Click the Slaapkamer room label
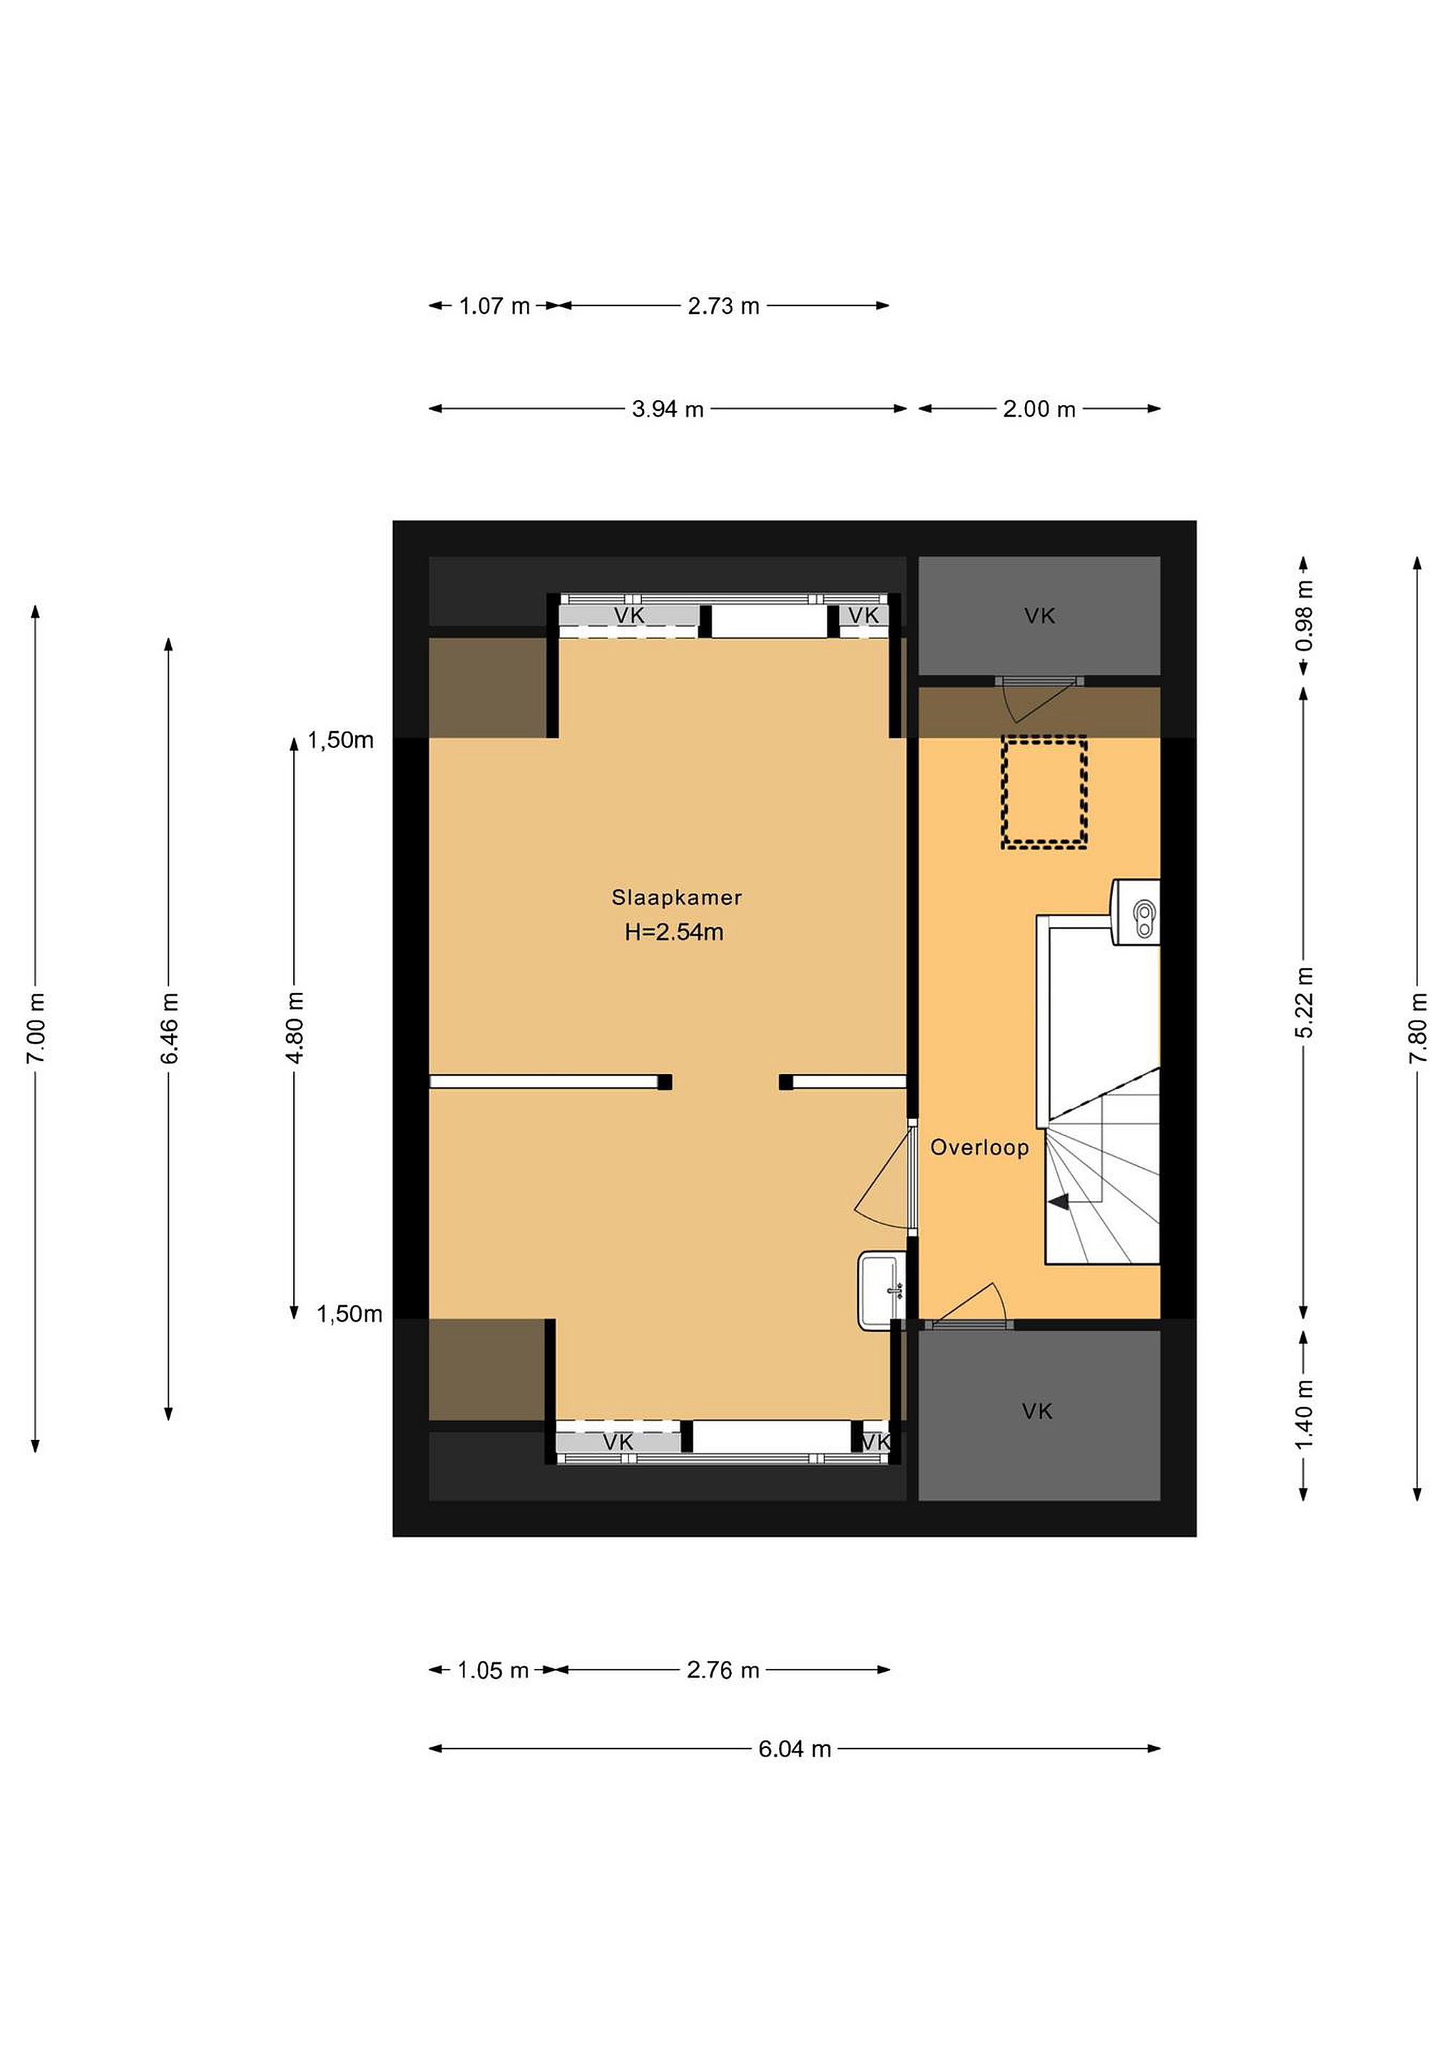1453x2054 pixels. pyautogui.click(x=676, y=897)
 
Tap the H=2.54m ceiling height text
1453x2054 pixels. pyautogui.click(x=673, y=932)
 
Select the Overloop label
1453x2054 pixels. pyautogui.click(x=979, y=1148)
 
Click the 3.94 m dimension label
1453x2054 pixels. pyautogui.click(x=668, y=409)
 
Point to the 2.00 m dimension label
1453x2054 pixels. pyautogui.click(x=1039, y=409)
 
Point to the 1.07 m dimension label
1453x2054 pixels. pyautogui.click(x=495, y=306)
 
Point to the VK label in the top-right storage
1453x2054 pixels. pyautogui.click(x=1040, y=615)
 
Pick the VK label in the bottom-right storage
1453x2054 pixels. pyautogui.click(x=1037, y=1411)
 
